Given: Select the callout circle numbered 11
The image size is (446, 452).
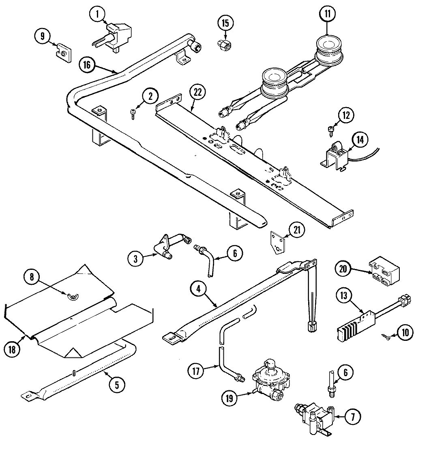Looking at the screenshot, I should [327, 13].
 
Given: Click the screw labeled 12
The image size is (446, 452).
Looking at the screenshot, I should [330, 129].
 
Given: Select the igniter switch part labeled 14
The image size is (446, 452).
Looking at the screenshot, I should [336, 157].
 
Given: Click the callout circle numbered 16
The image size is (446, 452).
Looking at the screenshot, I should [88, 65].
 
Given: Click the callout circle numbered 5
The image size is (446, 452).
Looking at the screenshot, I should [117, 384].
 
